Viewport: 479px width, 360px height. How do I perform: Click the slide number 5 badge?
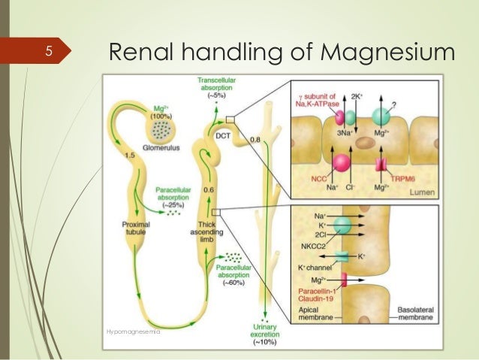click(x=47, y=52)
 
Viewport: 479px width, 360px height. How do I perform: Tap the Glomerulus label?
click(x=155, y=149)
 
